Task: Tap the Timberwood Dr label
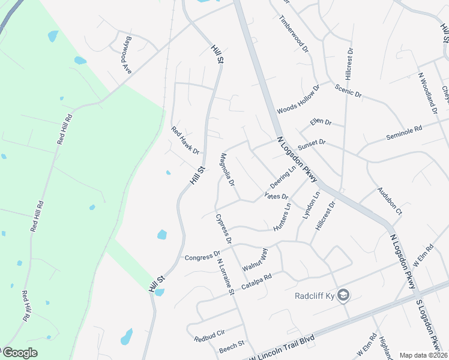click(x=294, y=33)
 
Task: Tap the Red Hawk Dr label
click(x=185, y=140)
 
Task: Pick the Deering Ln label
click(x=283, y=176)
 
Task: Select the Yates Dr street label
click(x=277, y=196)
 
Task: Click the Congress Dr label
click(x=202, y=257)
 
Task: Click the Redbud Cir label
click(x=209, y=335)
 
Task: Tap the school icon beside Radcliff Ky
click(x=343, y=295)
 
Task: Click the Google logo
click(x=19, y=353)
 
